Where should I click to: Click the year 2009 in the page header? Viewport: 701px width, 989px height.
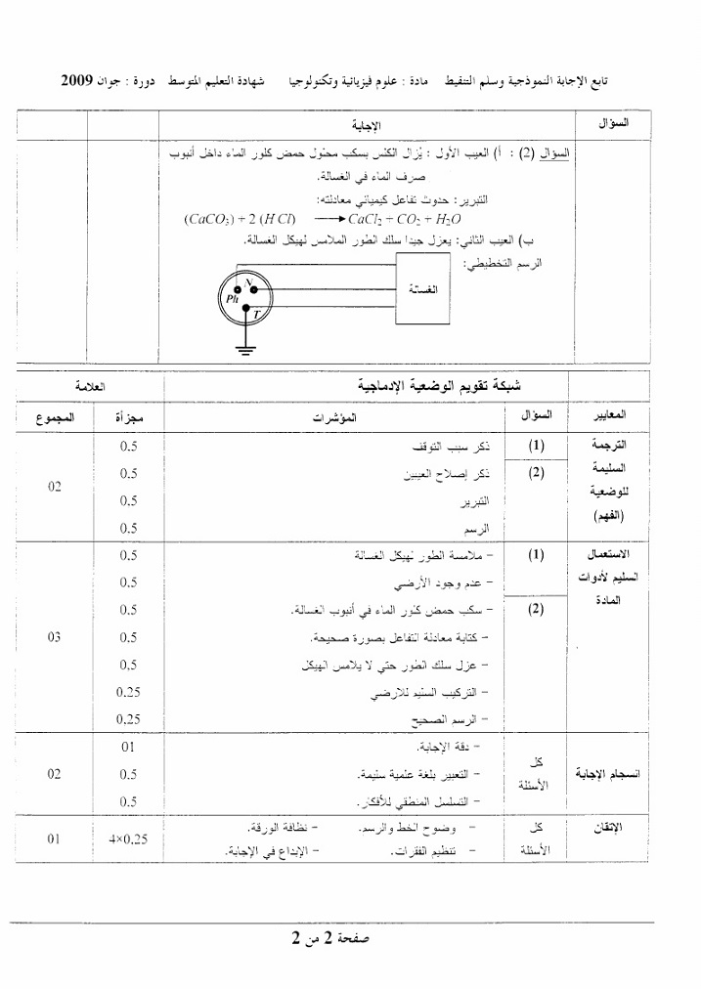pyautogui.click(x=77, y=78)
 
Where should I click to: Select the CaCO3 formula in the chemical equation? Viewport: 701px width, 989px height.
pyautogui.click(x=213, y=219)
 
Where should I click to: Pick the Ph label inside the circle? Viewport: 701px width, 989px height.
pyautogui.click(x=232, y=298)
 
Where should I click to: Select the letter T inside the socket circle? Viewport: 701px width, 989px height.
pyautogui.click(x=257, y=314)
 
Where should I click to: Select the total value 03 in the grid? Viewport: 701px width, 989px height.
pyautogui.click(x=54, y=637)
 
